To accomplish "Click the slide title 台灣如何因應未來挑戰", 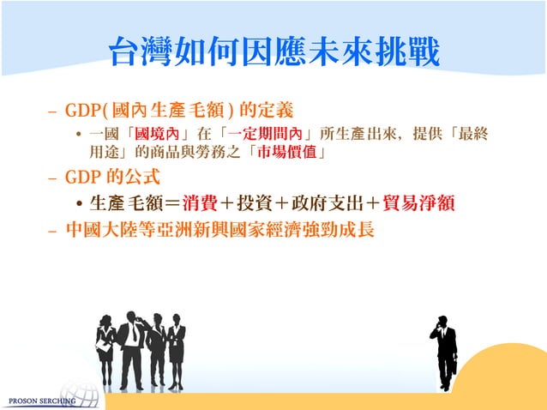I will pyautogui.click(x=273, y=54).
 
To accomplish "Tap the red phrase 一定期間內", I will pyautogui.click(x=263, y=135).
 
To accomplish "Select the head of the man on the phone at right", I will pyautogui.click(x=441, y=323).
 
